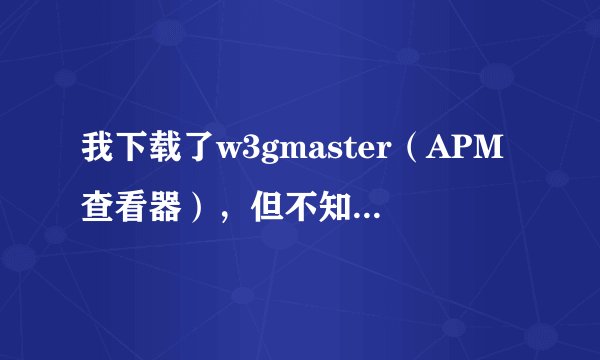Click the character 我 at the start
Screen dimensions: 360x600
[x=98, y=153]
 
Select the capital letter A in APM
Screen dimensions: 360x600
[x=438, y=153]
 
